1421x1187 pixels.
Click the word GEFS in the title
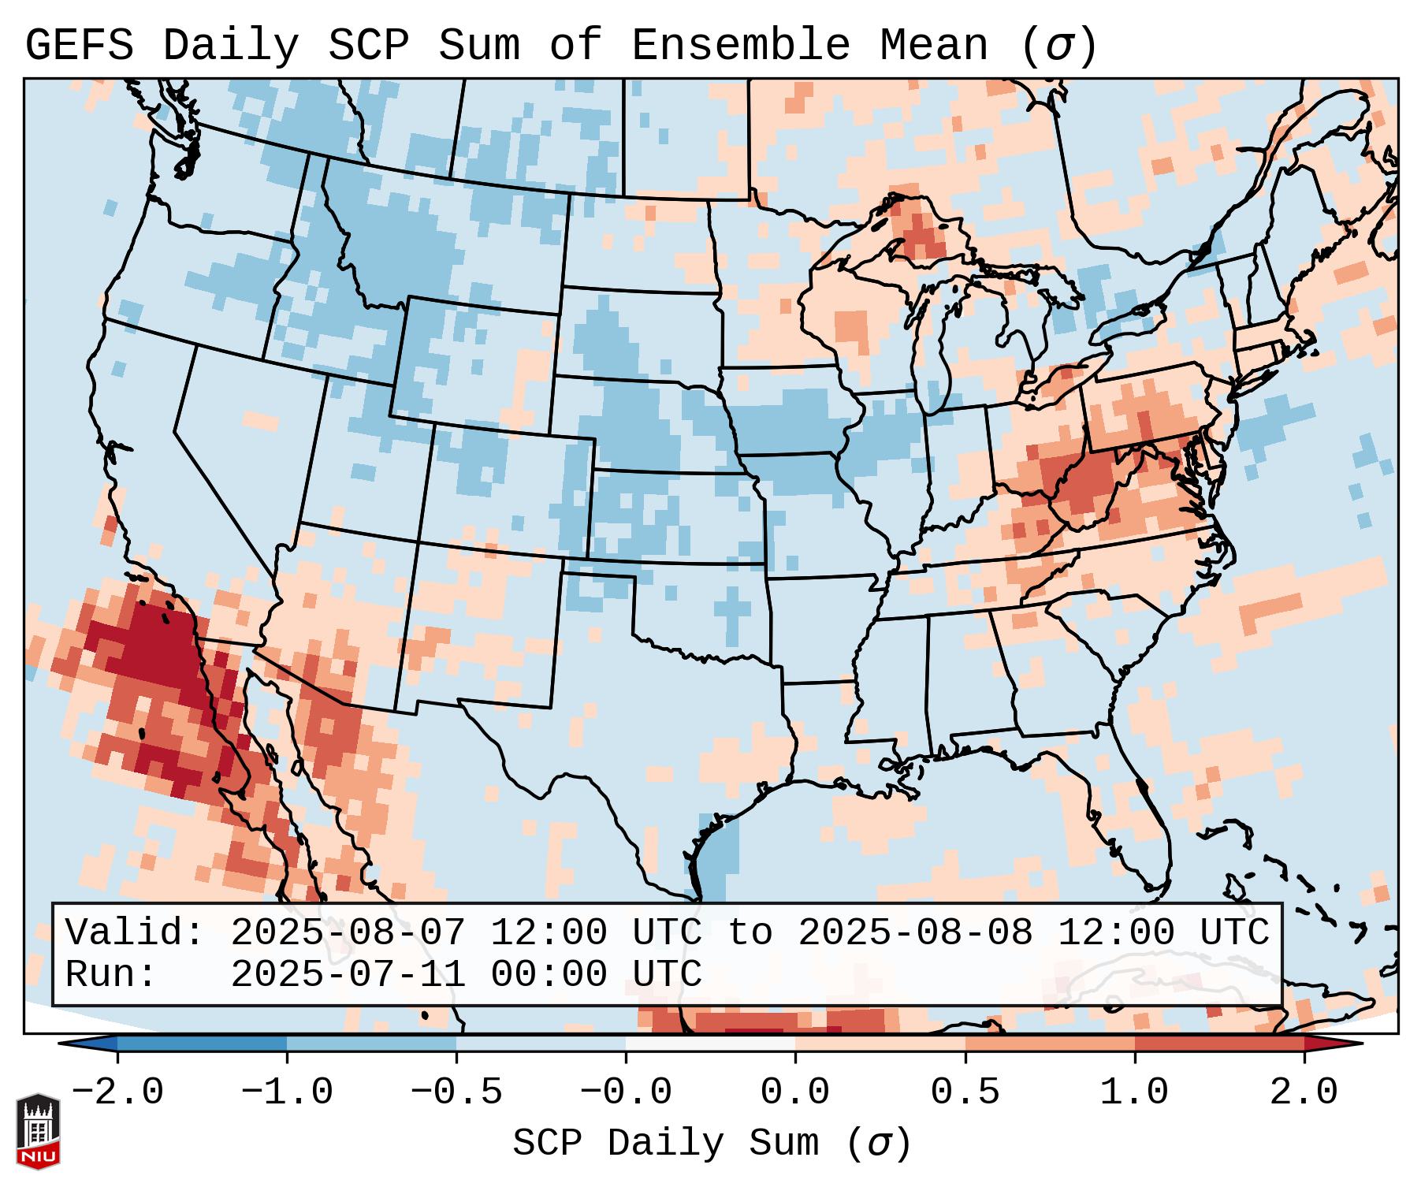coord(79,46)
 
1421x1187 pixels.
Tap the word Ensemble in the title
coord(741,46)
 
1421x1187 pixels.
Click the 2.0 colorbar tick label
coord(1304,1092)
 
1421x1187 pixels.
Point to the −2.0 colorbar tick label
coord(117,1092)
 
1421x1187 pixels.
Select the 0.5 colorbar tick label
coord(965,1092)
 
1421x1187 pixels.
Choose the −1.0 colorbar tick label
coord(286,1092)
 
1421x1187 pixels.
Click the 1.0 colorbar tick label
coord(1134,1092)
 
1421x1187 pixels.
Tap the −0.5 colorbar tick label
coord(456,1092)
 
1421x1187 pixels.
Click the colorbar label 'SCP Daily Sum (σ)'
coord(712,1144)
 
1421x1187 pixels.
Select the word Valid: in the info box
coord(135,933)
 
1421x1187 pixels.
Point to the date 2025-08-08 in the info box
coord(915,933)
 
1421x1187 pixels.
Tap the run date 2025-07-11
coord(348,974)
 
